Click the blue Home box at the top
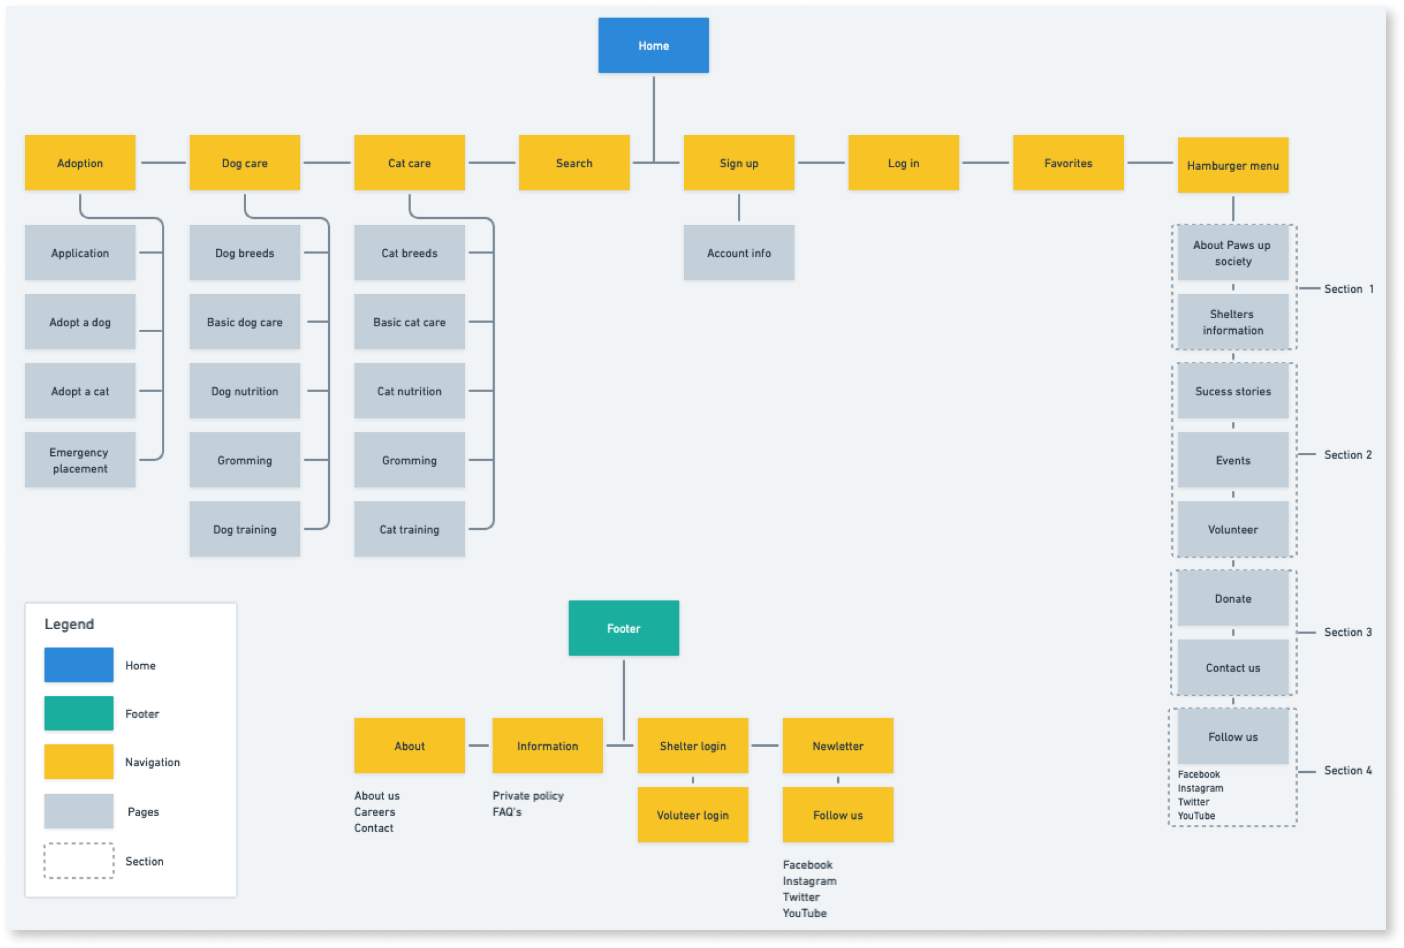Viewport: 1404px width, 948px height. pyautogui.click(x=653, y=45)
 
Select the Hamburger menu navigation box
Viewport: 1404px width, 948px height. pyautogui.click(x=1232, y=165)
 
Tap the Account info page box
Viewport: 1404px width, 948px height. pyautogui.click(x=738, y=253)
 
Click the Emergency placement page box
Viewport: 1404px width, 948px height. pyautogui.click(x=79, y=460)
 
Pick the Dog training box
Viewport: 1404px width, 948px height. pyautogui.click(x=244, y=529)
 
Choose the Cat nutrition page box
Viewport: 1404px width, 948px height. pyautogui.click(x=409, y=391)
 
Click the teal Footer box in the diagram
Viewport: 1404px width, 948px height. pyautogui.click(x=623, y=628)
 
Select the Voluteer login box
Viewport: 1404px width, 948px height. pyautogui.click(x=692, y=815)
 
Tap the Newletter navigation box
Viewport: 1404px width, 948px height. pyautogui.click(x=837, y=746)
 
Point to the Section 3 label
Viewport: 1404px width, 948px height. pyautogui.click(x=1347, y=632)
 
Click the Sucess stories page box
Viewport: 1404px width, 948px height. pyautogui.click(x=1232, y=391)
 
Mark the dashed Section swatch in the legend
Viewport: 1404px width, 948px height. pyautogui.click(x=79, y=860)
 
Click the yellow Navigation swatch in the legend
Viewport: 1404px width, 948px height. pyautogui.click(x=79, y=761)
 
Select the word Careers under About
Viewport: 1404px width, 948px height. pyautogui.click(x=374, y=812)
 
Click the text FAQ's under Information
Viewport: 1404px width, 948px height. pyautogui.click(x=507, y=812)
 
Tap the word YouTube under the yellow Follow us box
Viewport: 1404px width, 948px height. pyautogui.click(x=804, y=913)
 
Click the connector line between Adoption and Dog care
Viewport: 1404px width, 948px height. pyautogui.click(x=162, y=162)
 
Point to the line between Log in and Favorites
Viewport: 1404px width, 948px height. pyautogui.click(x=985, y=162)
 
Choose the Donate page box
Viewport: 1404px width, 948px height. pyautogui.click(x=1232, y=598)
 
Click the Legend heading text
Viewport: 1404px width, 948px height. pyautogui.click(x=69, y=624)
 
